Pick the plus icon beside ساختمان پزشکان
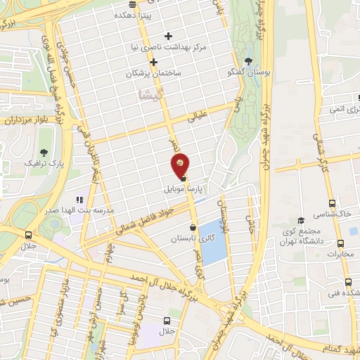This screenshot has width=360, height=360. click(153, 62)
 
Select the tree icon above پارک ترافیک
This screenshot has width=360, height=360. click(45, 152)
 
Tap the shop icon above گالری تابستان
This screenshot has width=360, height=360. click(193, 228)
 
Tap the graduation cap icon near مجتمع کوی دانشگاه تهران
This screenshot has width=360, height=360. click(301, 219)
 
